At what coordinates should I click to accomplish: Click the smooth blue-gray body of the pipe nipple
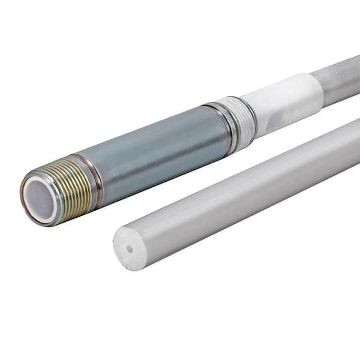coord(156,147)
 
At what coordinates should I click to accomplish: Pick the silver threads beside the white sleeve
coord(242,118)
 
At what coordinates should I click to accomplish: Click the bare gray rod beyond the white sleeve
coord(339,78)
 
